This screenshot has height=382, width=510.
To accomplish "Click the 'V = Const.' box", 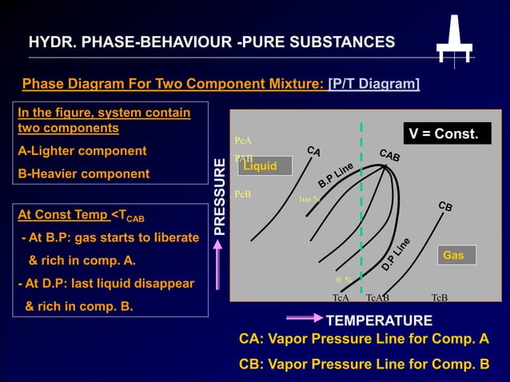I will (444, 133).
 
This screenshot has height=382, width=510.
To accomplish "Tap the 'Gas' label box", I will (454, 255).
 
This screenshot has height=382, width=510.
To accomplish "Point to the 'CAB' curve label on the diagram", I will (389, 155).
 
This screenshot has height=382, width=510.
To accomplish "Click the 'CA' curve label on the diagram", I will (313, 150).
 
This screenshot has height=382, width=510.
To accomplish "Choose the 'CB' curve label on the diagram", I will (446, 206).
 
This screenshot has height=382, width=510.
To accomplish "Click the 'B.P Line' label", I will (336, 175).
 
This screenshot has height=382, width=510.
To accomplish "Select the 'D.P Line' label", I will (396, 253).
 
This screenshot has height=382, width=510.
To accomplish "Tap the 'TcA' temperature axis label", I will (341, 297).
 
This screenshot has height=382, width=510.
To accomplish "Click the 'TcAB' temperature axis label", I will (377, 297).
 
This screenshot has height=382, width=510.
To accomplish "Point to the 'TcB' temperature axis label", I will (439, 297).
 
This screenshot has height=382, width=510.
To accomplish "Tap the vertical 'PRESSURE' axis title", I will (221, 196).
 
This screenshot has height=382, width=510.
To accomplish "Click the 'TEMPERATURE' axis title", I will (380, 320).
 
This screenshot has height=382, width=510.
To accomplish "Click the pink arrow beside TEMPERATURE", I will (304, 317).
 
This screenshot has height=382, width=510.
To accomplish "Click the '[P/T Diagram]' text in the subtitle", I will (374, 84).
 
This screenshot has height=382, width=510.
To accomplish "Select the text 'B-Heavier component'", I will (84, 173).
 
